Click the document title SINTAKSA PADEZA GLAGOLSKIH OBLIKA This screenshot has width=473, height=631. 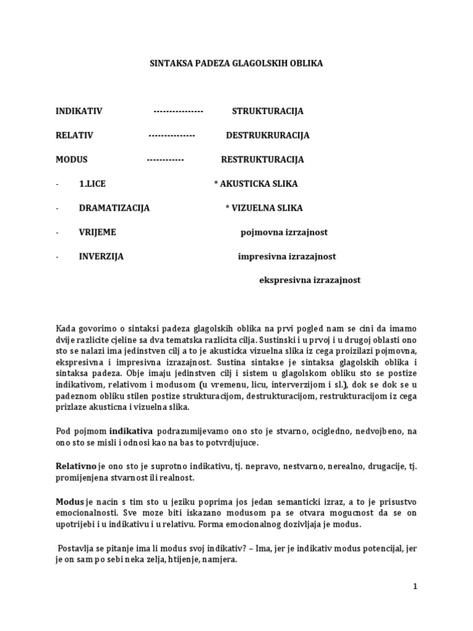[x=237, y=63]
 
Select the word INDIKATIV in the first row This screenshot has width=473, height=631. [x=79, y=112]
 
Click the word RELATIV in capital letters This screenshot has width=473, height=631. [x=75, y=136]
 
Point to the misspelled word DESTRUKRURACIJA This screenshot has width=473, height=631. [x=267, y=136]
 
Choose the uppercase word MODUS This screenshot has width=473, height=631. [x=71, y=160]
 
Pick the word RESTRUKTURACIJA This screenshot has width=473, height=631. [x=262, y=160]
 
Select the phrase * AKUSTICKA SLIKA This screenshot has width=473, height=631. [x=256, y=184]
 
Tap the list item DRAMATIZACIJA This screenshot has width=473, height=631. [x=114, y=208]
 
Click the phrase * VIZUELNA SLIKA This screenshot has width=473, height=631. [x=264, y=208]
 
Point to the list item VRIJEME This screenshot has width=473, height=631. [x=97, y=232]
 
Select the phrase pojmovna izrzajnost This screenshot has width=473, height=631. [x=283, y=232]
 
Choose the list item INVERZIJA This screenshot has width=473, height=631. [x=101, y=256]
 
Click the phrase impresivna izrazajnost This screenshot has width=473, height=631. [x=287, y=256]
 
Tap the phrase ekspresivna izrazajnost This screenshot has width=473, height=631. [x=309, y=280]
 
